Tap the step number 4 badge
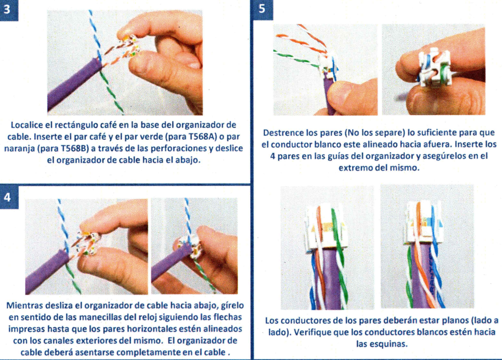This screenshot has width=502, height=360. coord(7,197)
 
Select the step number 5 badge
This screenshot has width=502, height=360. coord(262,9)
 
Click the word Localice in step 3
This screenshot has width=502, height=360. coord(27,125)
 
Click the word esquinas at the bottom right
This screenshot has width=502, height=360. coord(390,344)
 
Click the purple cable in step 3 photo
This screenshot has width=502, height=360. coord(74,85)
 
